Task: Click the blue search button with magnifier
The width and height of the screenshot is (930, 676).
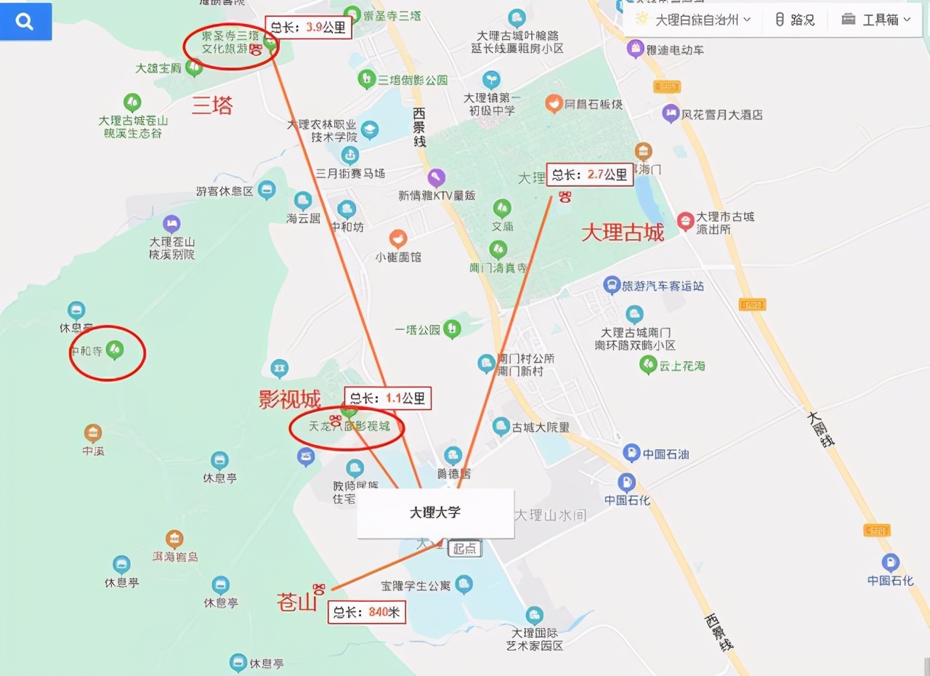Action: (25, 22)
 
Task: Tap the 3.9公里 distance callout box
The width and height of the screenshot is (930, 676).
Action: (309, 28)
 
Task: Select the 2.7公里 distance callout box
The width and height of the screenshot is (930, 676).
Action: (589, 174)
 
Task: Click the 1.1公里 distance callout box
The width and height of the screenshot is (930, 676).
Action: (388, 398)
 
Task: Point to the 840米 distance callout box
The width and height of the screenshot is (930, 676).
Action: (366, 612)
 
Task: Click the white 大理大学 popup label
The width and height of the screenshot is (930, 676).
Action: (435, 512)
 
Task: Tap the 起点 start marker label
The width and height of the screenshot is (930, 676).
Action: (464, 548)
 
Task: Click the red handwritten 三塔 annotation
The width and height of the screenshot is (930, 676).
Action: (212, 106)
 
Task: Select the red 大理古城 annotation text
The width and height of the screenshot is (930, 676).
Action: (623, 233)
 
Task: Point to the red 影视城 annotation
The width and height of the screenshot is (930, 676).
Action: (290, 399)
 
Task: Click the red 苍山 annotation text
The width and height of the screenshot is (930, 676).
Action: (296, 602)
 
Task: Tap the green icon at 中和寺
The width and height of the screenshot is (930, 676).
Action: (114, 350)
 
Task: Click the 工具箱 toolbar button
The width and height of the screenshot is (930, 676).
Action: (876, 20)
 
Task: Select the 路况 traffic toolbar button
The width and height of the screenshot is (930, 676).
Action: (795, 20)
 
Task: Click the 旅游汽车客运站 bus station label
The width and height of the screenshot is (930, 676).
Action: (663, 286)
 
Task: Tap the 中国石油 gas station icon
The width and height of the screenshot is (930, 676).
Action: (631, 454)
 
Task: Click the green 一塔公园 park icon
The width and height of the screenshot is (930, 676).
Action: (453, 329)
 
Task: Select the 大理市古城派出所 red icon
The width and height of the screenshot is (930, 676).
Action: (684, 221)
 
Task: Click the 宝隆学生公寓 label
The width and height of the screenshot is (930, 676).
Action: (416, 585)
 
